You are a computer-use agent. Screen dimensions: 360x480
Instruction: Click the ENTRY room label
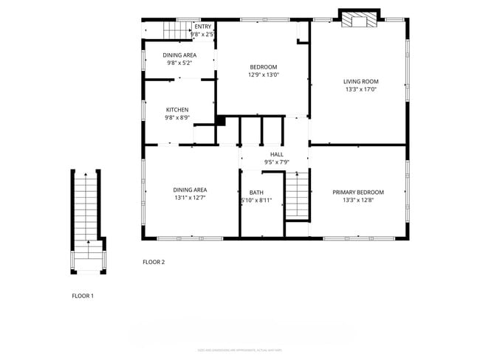pyautogui.click(x=202, y=27)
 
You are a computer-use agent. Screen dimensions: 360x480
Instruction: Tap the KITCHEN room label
pyautogui.click(x=176, y=110)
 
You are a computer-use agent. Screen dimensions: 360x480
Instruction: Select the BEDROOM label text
pyautogui.click(x=263, y=67)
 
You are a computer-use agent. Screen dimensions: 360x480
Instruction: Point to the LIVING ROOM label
pyautogui.click(x=360, y=82)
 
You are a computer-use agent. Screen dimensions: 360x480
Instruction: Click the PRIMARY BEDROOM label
pyautogui.click(x=358, y=192)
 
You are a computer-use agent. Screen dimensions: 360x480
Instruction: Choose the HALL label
pyautogui.click(x=276, y=154)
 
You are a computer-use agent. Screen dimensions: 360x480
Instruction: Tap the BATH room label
pyautogui.click(x=256, y=193)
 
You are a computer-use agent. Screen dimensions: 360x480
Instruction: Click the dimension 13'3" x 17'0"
pyautogui.click(x=360, y=89)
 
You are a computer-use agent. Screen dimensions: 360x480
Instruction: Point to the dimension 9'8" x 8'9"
pyautogui.click(x=176, y=117)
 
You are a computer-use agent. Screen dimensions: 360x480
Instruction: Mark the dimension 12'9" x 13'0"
pyautogui.click(x=263, y=75)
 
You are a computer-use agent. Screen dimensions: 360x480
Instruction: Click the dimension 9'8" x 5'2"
pyautogui.click(x=179, y=63)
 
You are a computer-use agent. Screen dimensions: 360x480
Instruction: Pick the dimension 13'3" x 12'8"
pyautogui.click(x=358, y=199)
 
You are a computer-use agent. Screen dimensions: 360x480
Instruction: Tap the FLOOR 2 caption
pyautogui.click(x=154, y=262)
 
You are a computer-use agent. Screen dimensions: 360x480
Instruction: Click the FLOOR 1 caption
pyautogui.click(x=83, y=296)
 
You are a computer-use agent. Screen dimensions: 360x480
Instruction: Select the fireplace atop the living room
pyautogui.click(x=359, y=19)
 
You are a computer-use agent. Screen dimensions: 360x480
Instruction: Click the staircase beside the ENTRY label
pyautogui.click(x=176, y=30)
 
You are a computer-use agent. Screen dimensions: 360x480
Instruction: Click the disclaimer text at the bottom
pyautogui.click(x=239, y=350)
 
